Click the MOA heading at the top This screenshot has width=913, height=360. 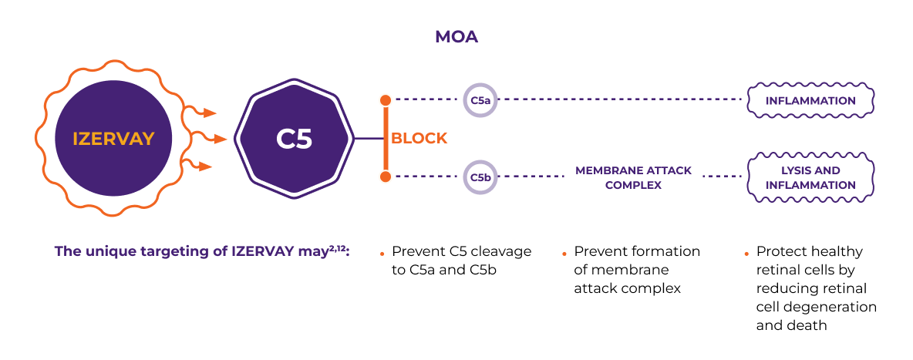click(456, 36)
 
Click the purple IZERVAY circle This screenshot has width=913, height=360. click(113, 139)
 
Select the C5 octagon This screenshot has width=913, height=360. click(294, 139)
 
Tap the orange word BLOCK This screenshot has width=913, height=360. click(419, 139)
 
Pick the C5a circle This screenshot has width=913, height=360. click(480, 100)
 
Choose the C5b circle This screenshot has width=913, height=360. click(480, 177)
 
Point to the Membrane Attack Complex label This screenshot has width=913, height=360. click(633, 177)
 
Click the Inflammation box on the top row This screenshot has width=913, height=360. click(810, 100)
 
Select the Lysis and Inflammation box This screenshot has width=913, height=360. click(810, 177)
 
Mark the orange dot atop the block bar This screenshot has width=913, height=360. click(386, 100)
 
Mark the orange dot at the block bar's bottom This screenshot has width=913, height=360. click(386, 177)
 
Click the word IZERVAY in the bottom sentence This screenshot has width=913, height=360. click(261, 251)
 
